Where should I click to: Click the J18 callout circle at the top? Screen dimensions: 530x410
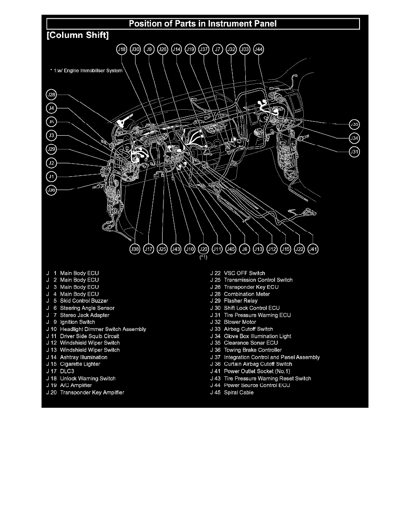coord(121,50)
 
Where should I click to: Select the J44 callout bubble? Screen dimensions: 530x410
coord(258,50)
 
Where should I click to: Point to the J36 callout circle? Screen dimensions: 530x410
coord(52,190)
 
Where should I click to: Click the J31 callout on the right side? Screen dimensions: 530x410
coord(354,152)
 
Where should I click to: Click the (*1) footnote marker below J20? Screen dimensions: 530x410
coord(204,257)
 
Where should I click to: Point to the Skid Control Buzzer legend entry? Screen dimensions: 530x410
coord(84,301)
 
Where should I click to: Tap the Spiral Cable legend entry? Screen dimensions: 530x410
coord(238,392)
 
